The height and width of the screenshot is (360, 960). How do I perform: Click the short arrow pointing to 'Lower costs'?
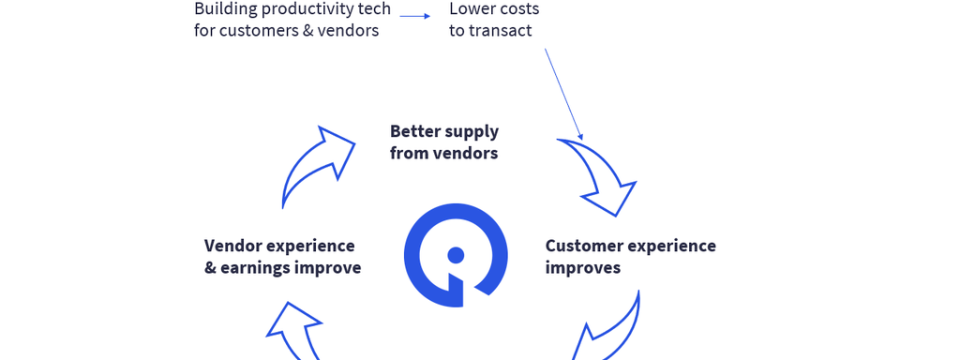point(415,17)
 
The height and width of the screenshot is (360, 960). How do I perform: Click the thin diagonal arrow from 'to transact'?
point(563,95)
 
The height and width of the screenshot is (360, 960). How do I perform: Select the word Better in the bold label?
point(414,131)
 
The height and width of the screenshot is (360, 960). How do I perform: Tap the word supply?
point(472,133)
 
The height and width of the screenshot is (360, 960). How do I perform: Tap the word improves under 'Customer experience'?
point(583,268)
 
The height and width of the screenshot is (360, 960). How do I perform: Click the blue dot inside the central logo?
point(457,255)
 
